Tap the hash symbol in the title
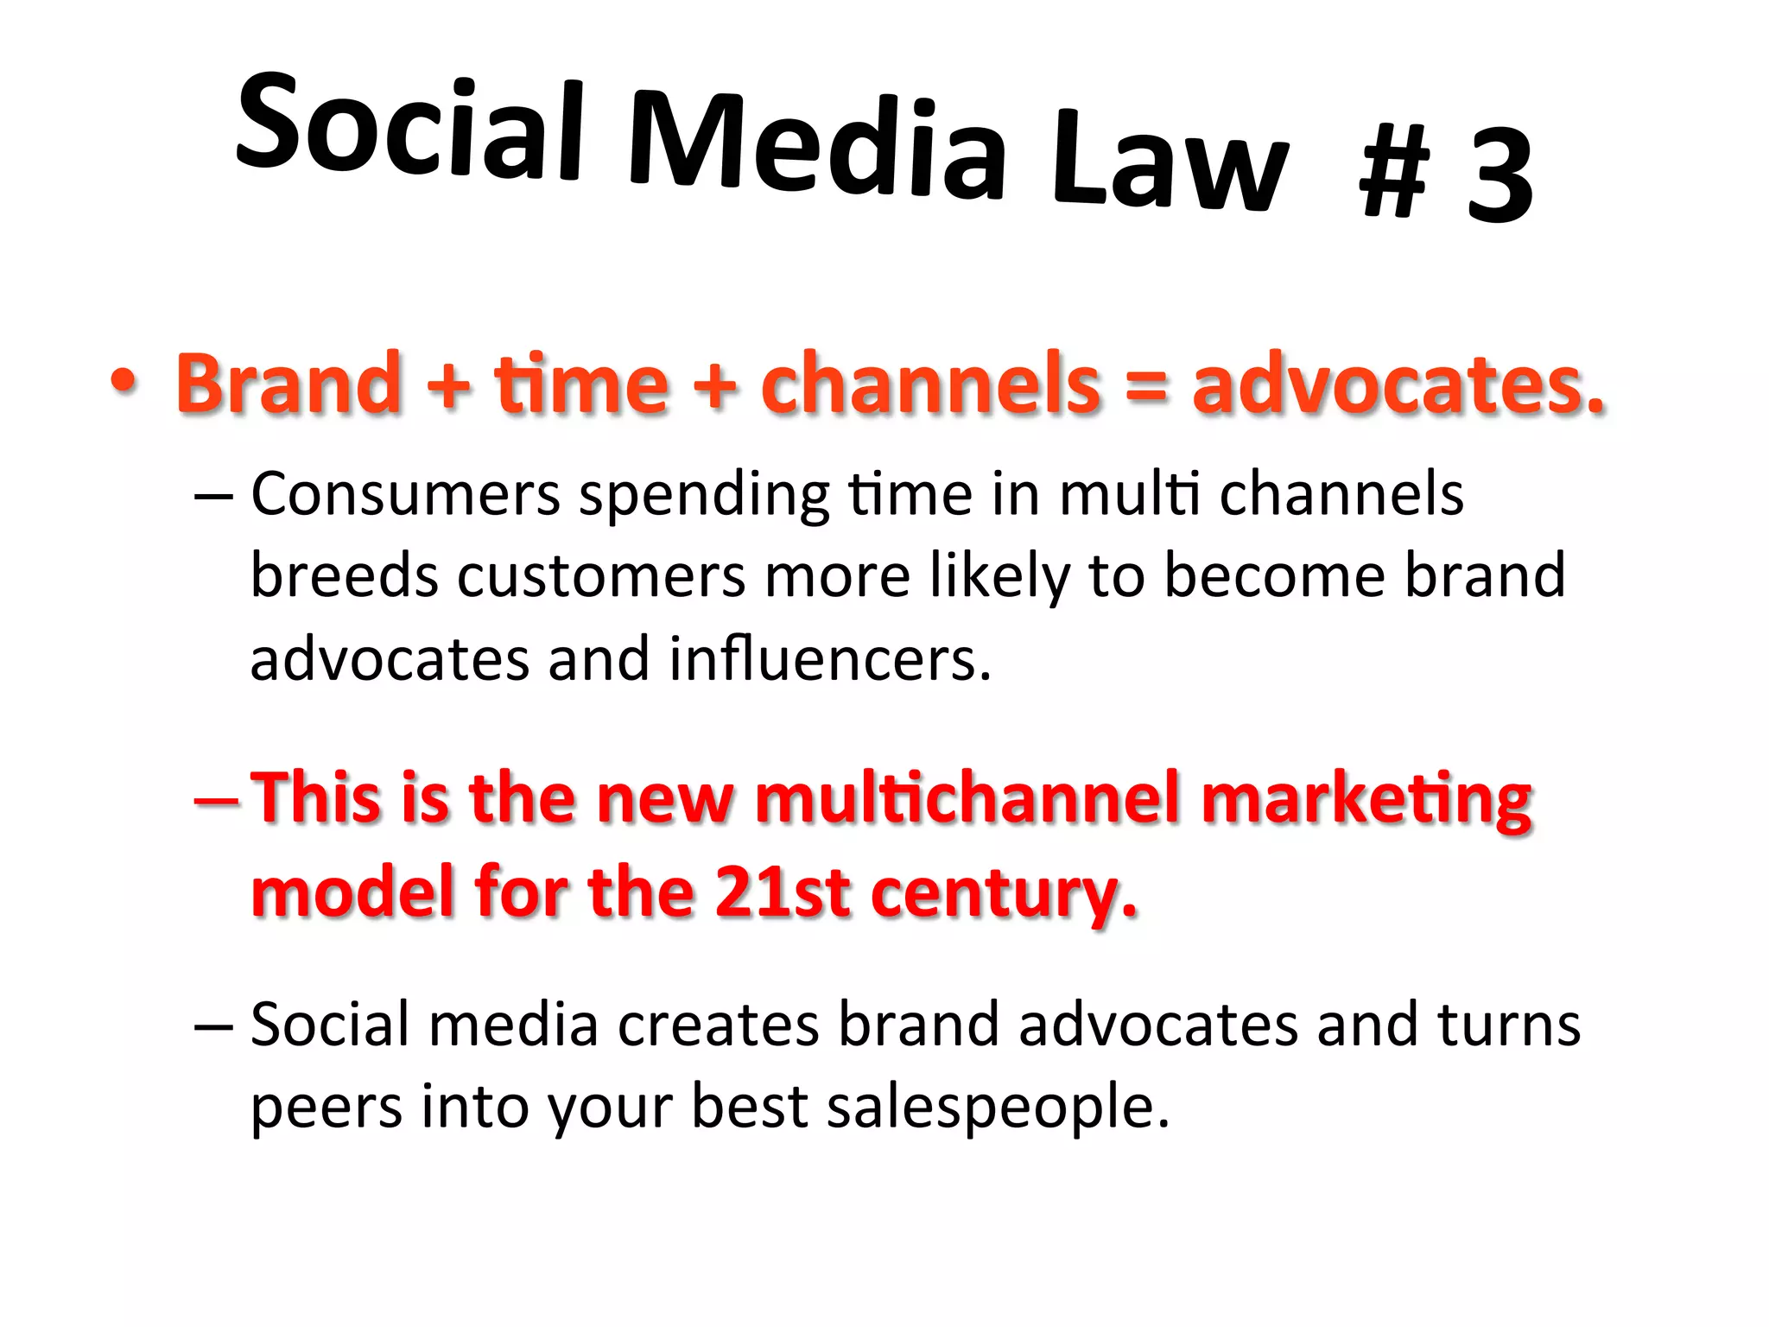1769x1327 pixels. pos(1394,171)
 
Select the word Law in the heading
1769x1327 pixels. pos(1170,164)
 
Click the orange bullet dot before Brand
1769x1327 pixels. pos(124,381)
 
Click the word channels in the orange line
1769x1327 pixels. pos(930,383)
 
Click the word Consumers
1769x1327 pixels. pos(406,494)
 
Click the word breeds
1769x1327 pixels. pos(344,576)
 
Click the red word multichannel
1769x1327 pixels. pos(967,797)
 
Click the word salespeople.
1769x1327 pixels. pos(997,1107)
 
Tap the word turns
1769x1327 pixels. pos(1508,1025)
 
